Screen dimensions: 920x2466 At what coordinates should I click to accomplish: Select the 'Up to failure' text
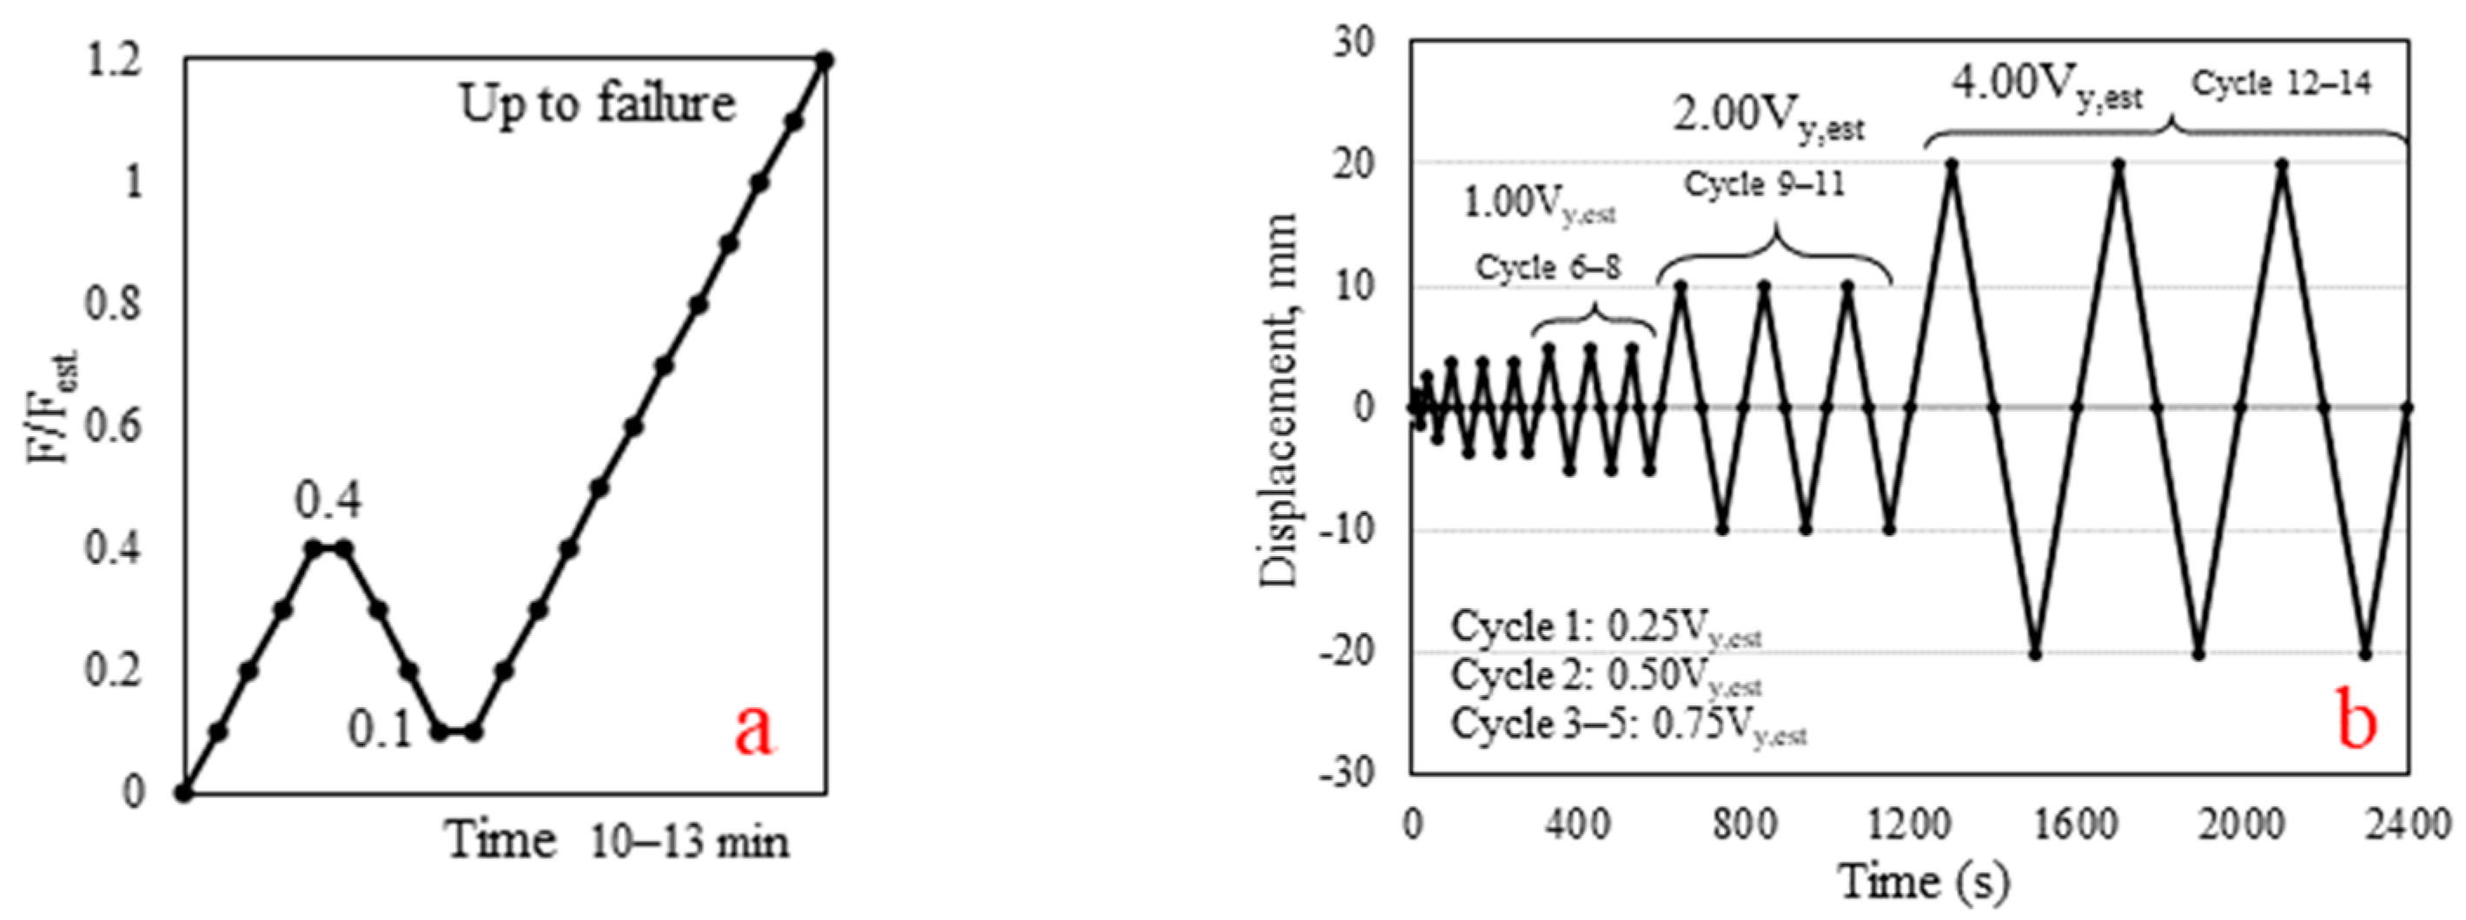597,103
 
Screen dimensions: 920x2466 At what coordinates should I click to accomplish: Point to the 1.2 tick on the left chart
114,63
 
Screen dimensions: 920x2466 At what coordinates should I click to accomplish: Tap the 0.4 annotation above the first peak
328,500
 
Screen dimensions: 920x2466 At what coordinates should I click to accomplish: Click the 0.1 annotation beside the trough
379,731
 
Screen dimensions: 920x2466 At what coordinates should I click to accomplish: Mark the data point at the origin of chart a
184,792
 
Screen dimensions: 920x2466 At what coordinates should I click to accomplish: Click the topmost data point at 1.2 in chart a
825,60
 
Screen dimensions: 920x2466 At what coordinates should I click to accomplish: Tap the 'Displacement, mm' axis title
1278,400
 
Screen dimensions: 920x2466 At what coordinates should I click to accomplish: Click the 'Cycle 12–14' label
2281,84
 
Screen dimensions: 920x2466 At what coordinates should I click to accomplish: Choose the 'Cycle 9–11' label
1763,184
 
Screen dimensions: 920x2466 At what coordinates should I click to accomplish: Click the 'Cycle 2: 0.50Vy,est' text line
1606,677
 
